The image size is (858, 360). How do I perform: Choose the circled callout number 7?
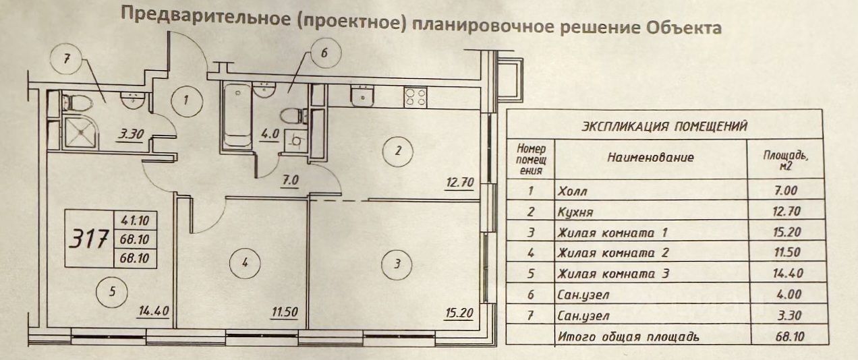click(x=66, y=59)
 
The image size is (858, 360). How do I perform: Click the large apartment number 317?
click(x=90, y=239)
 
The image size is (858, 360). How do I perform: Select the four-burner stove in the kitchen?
click(x=414, y=98)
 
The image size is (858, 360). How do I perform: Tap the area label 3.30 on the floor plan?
click(x=131, y=134)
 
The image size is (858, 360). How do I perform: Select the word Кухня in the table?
click(x=575, y=212)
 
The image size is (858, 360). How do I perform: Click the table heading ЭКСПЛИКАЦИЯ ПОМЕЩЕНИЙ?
click(x=664, y=125)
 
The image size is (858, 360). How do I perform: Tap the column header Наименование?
click(x=650, y=158)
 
